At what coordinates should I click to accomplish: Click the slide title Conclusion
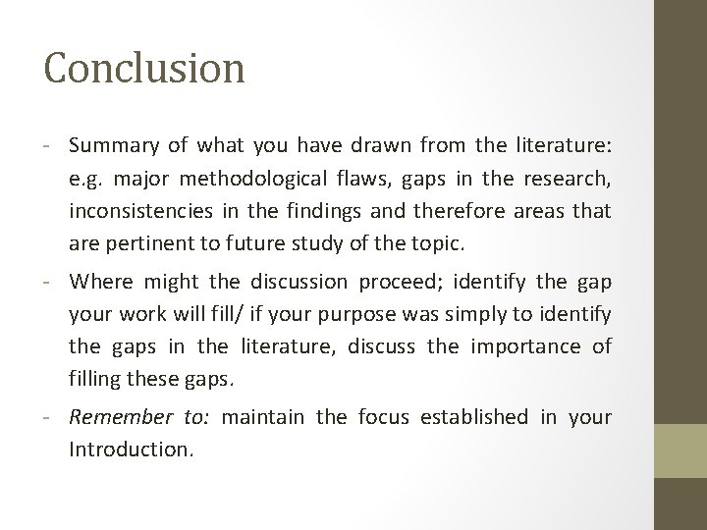coord(144,68)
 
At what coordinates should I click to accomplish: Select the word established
coord(467,417)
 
